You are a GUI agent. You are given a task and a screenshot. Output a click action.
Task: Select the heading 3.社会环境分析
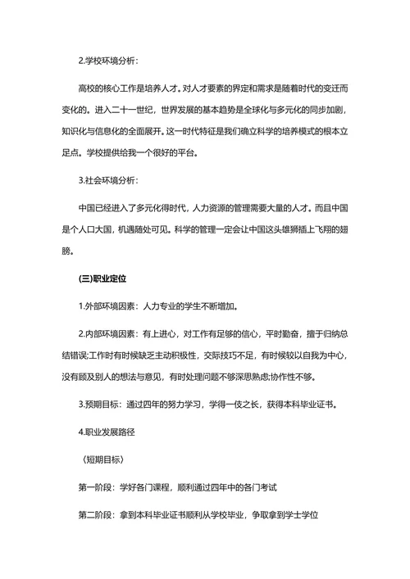(107, 179)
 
